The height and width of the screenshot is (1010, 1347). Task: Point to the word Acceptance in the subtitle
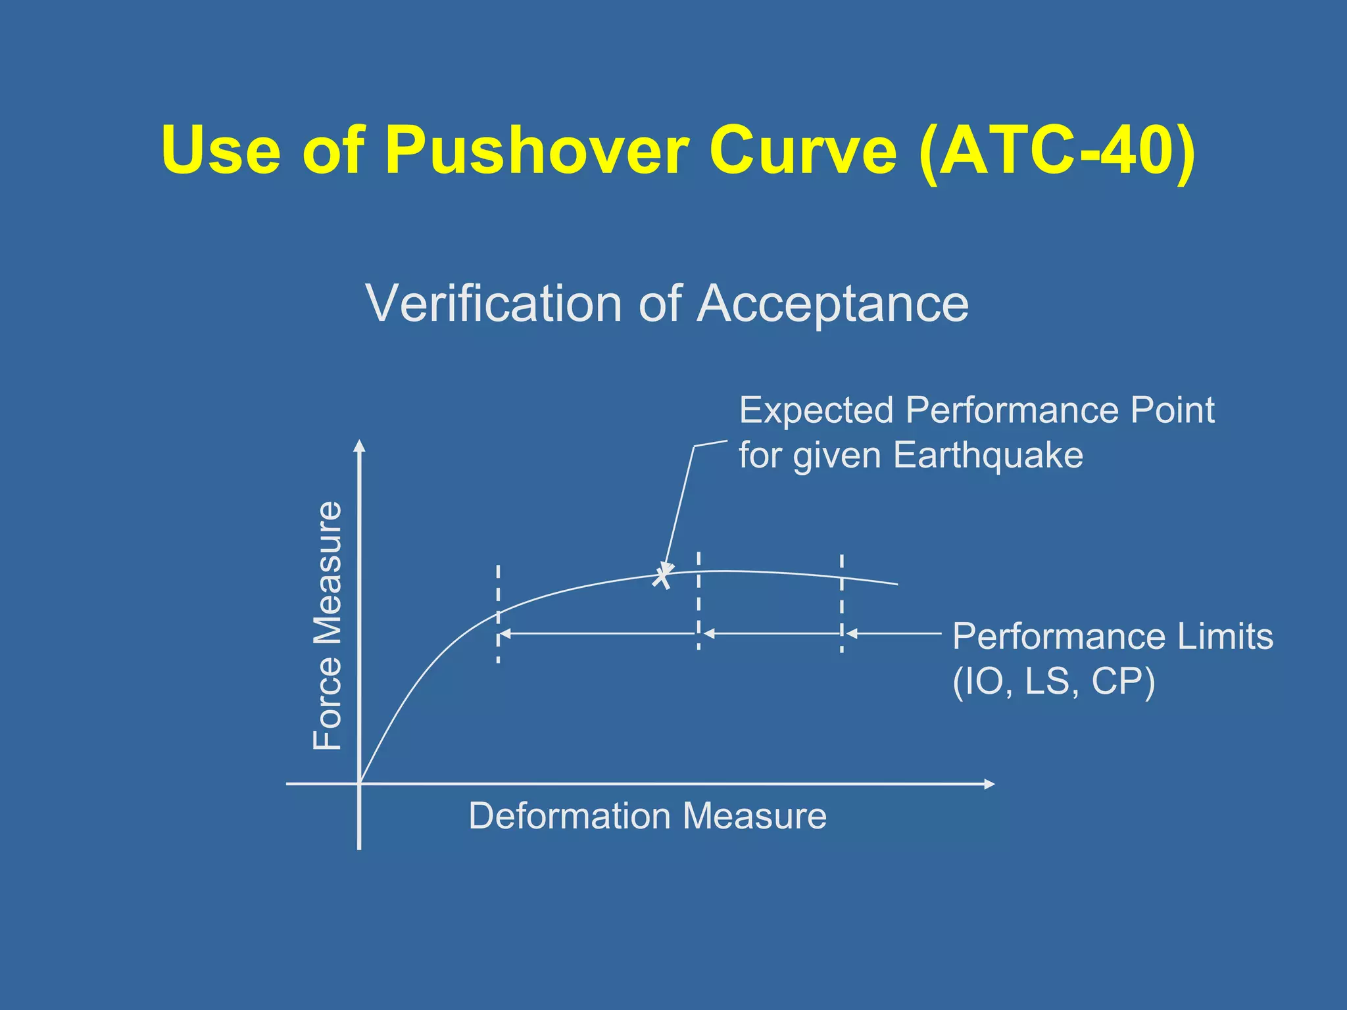833,304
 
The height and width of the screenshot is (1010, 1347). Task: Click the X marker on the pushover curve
662,577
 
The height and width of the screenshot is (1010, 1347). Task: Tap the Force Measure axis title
328,625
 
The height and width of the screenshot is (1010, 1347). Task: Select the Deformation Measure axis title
647,816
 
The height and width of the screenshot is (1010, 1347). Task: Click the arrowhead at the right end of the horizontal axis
989,784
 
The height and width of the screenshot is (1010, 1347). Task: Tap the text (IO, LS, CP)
1054,681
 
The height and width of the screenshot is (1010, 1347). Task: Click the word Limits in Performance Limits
1225,637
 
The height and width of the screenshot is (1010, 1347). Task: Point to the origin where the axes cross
359,784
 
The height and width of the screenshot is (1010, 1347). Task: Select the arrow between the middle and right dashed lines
771,634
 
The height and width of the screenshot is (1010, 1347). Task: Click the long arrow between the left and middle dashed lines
597,634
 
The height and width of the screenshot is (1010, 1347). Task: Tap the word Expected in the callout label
816,410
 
